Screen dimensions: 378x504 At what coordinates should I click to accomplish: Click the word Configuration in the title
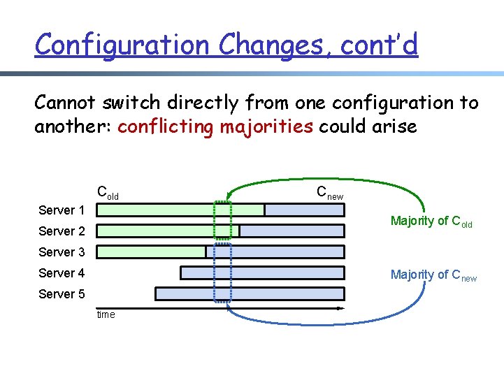[123, 45]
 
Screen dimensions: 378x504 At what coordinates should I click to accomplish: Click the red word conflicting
[166, 126]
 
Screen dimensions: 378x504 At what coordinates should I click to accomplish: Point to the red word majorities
[266, 126]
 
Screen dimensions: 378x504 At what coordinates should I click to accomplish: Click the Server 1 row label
[62, 210]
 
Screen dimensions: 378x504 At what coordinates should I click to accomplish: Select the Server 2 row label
[62, 231]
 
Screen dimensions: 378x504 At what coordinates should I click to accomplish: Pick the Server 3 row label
[62, 252]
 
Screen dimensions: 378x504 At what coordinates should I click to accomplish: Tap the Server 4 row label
[62, 273]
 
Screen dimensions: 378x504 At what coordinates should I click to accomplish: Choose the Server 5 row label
[62, 294]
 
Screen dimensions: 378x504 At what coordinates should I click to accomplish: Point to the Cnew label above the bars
[329, 192]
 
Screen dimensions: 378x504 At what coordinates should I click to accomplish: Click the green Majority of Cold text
[431, 221]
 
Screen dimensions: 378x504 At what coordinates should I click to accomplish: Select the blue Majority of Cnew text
[433, 275]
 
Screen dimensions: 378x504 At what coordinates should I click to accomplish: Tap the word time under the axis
[106, 314]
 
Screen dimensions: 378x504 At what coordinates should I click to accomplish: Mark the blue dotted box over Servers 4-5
[222, 283]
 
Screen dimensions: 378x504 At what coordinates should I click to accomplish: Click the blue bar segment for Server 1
[304, 210]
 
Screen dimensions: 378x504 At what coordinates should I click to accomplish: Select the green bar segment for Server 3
[150, 252]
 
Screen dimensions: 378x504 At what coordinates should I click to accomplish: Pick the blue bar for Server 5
[250, 293]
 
